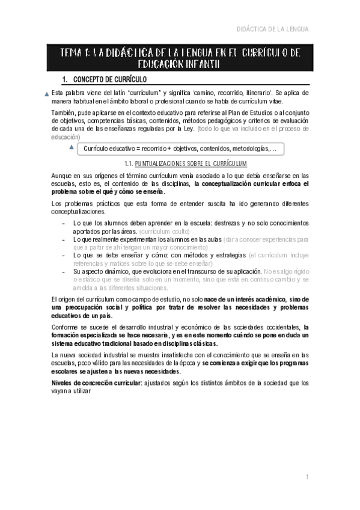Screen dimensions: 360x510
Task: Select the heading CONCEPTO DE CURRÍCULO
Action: point(111,79)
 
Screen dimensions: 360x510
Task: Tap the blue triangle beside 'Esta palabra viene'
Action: point(47,94)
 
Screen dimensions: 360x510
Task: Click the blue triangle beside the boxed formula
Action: point(72,148)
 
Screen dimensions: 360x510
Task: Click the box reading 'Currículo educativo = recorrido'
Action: point(181,149)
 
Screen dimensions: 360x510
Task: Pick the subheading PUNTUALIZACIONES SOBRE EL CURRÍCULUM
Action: point(191,164)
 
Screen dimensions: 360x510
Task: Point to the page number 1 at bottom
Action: point(307,477)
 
